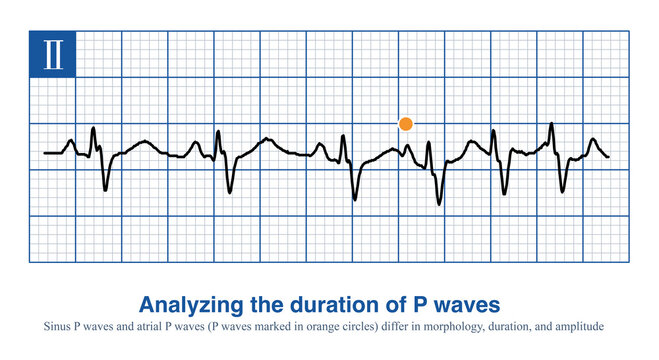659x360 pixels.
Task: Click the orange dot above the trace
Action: pos(405,123)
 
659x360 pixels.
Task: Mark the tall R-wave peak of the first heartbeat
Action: pos(93,128)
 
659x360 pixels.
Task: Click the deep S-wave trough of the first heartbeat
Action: pos(105,189)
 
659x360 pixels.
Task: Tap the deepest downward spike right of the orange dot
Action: pos(437,204)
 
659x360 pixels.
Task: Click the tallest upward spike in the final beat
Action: pos(551,124)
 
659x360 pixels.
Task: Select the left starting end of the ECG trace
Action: pos(46,153)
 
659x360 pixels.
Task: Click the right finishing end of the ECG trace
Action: pos(608,156)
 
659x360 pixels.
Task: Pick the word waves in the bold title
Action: pos(460,303)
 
